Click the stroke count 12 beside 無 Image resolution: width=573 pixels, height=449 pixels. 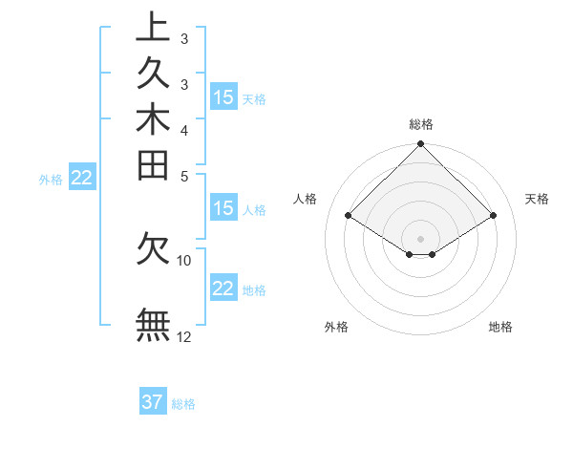(x=184, y=335)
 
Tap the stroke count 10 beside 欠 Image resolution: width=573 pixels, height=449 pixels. (x=184, y=260)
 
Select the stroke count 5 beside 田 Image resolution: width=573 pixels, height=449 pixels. (x=184, y=176)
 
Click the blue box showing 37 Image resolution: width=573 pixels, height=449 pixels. (x=153, y=402)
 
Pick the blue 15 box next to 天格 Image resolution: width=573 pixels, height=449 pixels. (x=223, y=97)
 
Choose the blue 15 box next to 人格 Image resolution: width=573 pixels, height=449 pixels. (x=223, y=209)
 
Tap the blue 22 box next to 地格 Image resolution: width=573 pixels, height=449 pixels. (x=223, y=289)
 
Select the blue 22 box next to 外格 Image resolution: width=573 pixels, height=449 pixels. (x=82, y=177)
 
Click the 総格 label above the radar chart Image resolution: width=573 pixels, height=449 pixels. (x=421, y=124)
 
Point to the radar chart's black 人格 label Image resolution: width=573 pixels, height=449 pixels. (x=306, y=199)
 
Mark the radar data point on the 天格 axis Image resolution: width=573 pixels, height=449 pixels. (x=494, y=216)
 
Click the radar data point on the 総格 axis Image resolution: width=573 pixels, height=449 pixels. (x=421, y=145)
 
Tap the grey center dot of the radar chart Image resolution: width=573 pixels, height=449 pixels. (x=421, y=238)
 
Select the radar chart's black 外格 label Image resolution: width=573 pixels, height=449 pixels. (x=336, y=327)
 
